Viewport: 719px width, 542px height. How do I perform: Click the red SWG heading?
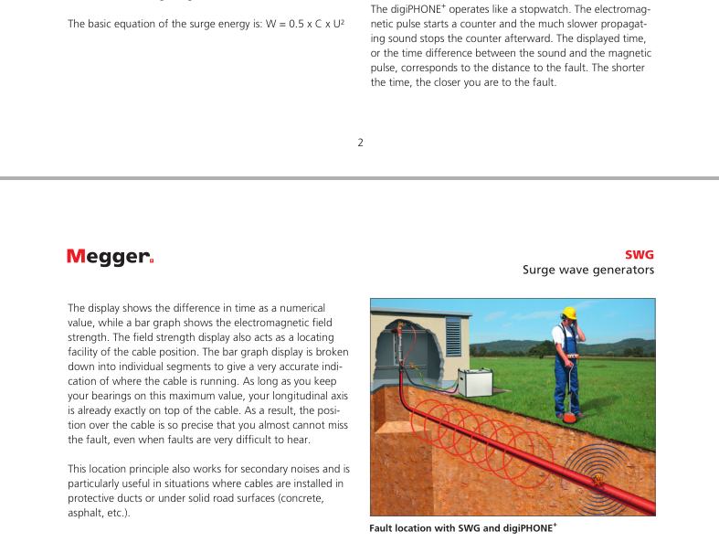639,255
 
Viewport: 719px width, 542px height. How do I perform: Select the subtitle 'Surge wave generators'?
587,270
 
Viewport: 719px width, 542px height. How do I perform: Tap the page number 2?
360,143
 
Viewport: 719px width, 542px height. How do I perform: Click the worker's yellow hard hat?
568,313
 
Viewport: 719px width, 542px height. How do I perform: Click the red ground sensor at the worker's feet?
571,417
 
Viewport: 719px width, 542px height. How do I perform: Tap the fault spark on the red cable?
597,479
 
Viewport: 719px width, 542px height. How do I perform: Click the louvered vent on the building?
453,341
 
